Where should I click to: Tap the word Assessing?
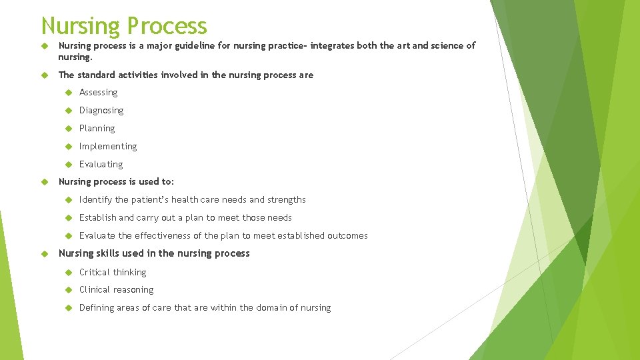98,93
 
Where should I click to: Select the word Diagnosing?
101,111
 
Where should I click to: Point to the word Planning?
97,129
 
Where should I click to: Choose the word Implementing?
108,147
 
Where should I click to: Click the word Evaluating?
101,165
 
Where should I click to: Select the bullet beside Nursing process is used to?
46,181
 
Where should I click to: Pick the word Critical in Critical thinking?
93,272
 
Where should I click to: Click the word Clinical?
94,290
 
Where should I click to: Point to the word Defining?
97,308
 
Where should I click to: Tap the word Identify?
95,200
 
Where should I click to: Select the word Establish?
97,218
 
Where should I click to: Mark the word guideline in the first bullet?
184,46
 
